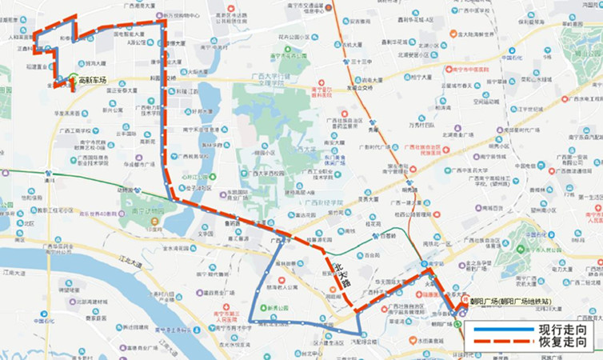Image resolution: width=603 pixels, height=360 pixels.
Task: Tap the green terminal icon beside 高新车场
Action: pos(72,80)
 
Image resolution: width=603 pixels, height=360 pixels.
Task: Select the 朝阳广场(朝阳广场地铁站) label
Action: pos(505,302)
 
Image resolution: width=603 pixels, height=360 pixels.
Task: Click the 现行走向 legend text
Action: pos(557,329)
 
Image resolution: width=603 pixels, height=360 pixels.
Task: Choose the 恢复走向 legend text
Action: pos(557,342)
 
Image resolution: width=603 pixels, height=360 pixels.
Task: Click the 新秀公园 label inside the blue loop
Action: pos(278,306)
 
